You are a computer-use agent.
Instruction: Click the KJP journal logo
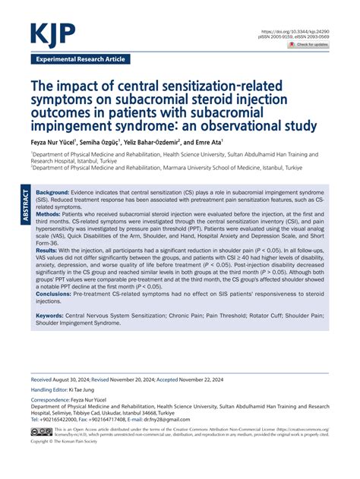coord(54,33)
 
